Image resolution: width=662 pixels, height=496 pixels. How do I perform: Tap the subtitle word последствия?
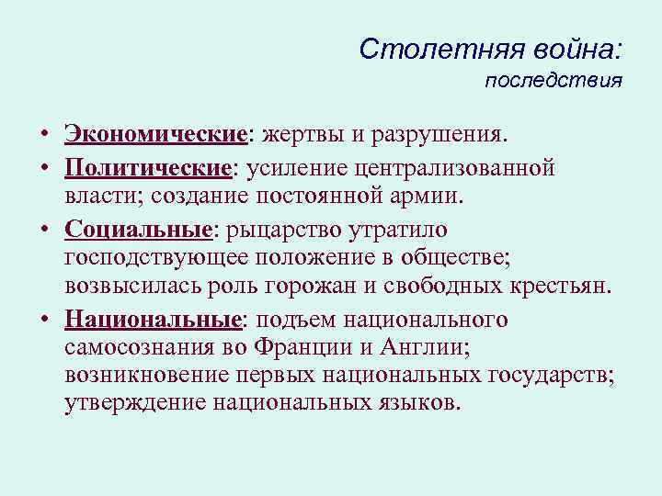click(x=554, y=81)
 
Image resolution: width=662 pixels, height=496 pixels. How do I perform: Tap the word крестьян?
click(x=563, y=285)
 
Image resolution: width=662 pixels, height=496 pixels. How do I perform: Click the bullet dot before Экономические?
click(x=45, y=137)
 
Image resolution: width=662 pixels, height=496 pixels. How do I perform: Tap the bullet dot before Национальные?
click(x=45, y=321)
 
